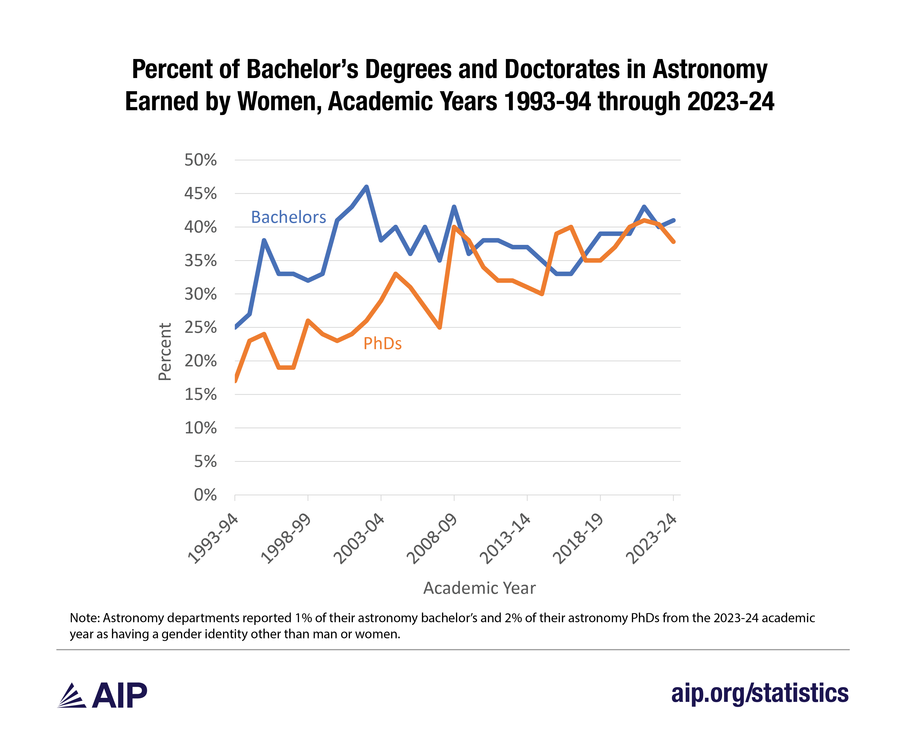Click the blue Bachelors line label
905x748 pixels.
point(288,217)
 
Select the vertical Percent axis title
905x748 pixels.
point(165,352)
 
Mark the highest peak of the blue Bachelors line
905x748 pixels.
point(366,187)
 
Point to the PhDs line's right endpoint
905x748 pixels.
point(673,242)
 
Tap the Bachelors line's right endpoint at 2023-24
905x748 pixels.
point(673,220)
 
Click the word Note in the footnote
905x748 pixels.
point(84,618)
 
